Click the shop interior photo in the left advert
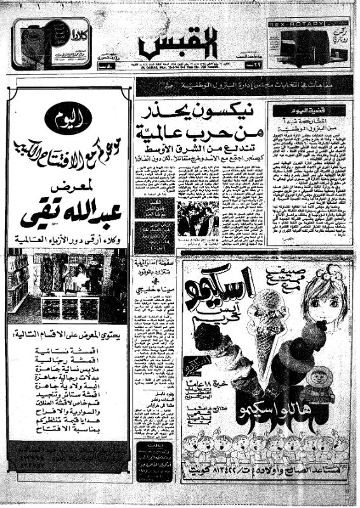[x=69, y=287]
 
